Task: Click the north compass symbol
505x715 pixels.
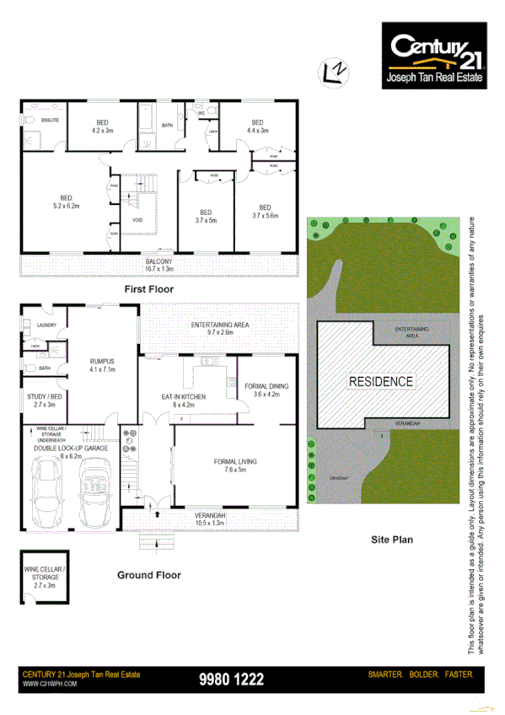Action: click(336, 73)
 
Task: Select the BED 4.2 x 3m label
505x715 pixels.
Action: click(102, 126)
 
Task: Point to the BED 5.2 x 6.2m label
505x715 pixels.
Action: click(66, 202)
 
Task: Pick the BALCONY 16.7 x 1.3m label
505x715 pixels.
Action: click(158, 266)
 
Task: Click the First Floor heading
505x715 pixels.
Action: click(148, 289)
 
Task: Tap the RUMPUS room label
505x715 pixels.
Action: click(102, 365)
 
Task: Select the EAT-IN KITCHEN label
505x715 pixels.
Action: click(183, 400)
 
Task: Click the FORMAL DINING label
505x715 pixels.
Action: click(266, 390)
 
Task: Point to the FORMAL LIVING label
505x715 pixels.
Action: click(235, 465)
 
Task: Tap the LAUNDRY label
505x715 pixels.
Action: click(46, 324)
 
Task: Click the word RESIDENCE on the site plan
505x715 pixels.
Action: click(381, 381)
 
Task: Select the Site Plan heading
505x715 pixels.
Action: click(392, 538)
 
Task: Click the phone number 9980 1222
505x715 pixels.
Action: click(231, 679)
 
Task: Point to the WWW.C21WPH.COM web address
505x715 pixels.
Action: click(50, 684)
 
